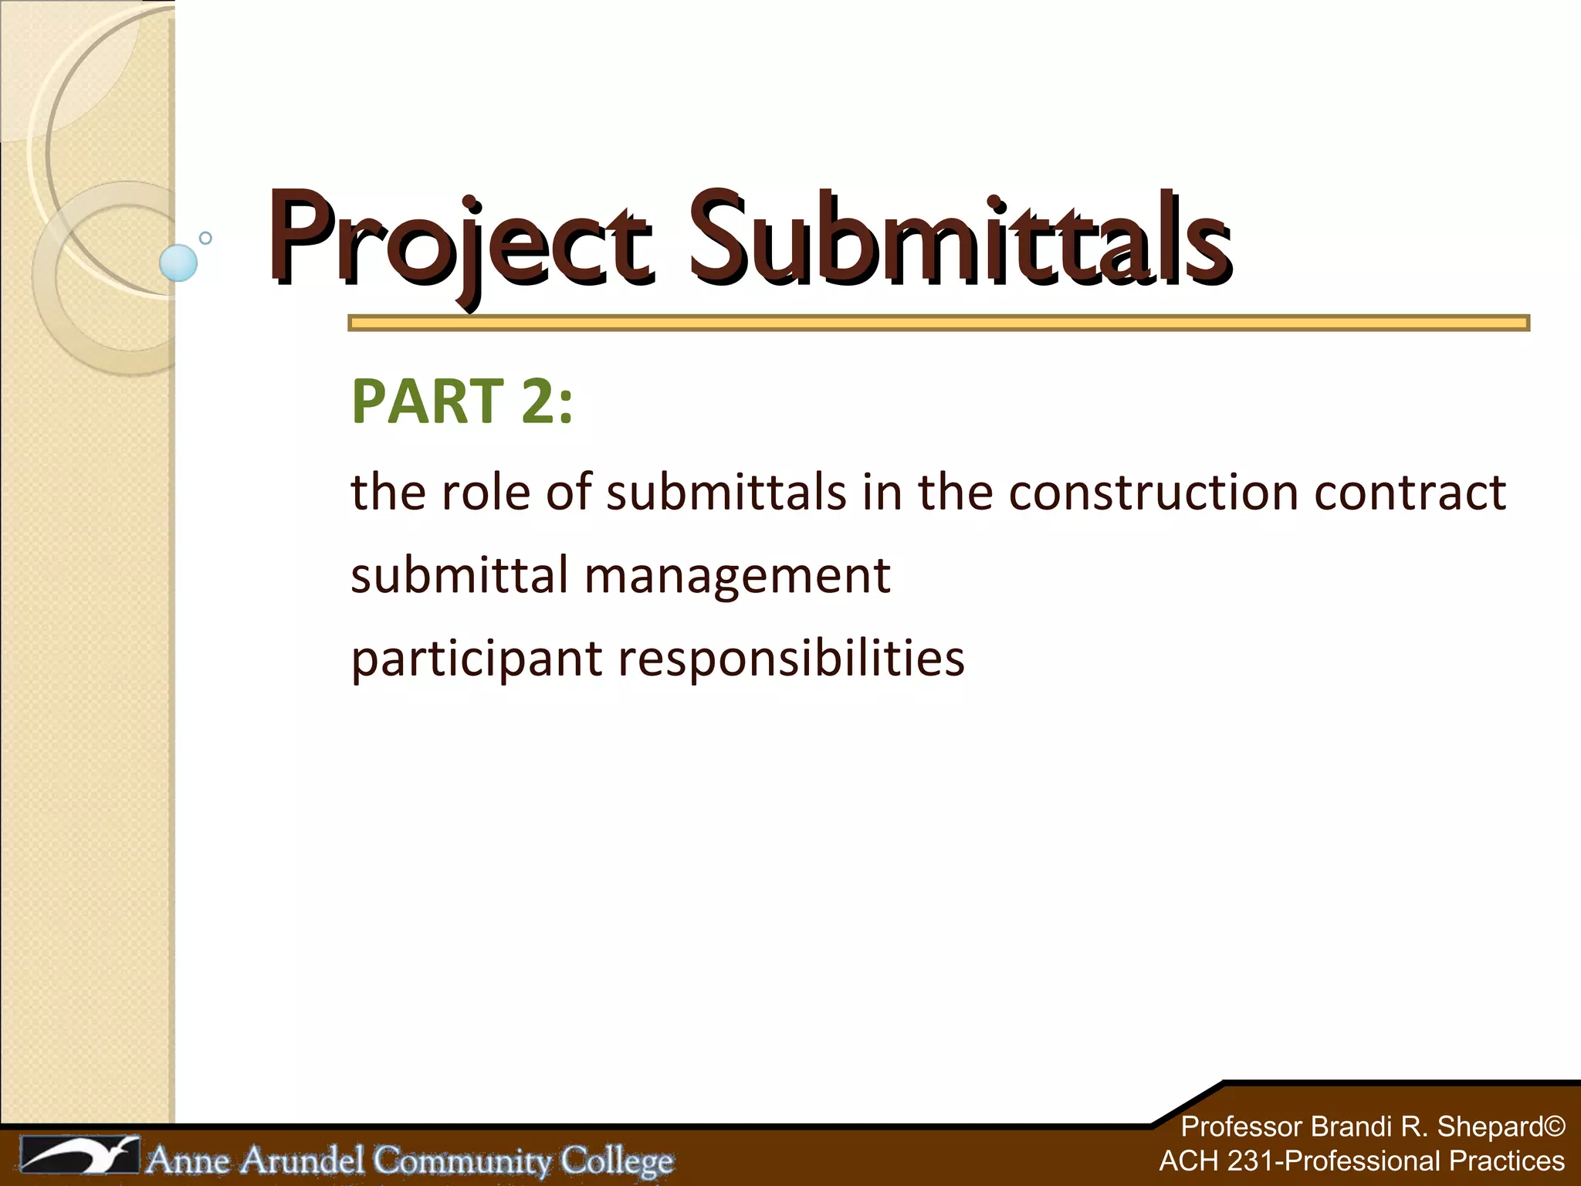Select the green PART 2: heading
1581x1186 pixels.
pyautogui.click(x=462, y=402)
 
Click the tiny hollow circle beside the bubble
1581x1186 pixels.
pyautogui.click(x=205, y=238)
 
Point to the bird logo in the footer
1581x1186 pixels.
pyautogui.click(x=80, y=1156)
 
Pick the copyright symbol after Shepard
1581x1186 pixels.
pyautogui.click(x=1555, y=1127)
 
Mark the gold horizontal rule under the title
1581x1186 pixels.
pyautogui.click(x=938, y=323)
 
